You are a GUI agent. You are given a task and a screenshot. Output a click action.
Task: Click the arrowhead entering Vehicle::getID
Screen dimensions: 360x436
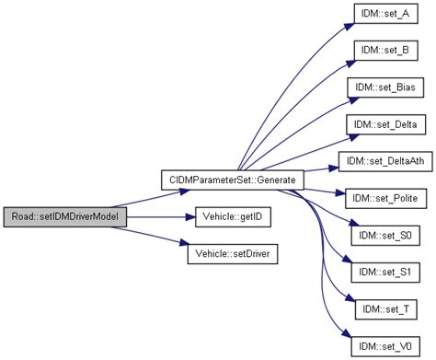pyautogui.click(x=181, y=217)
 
